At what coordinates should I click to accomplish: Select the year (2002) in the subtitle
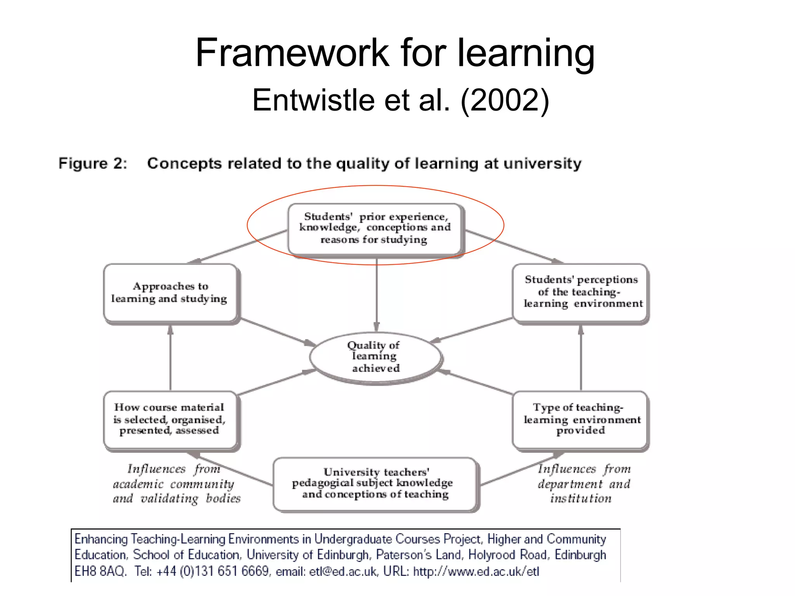pyautogui.click(x=505, y=100)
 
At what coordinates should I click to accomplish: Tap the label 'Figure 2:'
pyautogui.click(x=93, y=163)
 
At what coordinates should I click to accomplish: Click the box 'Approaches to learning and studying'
pyautogui.click(x=170, y=293)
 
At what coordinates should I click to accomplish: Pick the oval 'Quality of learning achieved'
pyautogui.click(x=375, y=357)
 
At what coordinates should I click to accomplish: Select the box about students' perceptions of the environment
pyautogui.click(x=581, y=292)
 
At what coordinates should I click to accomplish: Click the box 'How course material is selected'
pyautogui.click(x=170, y=419)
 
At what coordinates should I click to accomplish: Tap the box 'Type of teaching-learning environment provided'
pyautogui.click(x=580, y=419)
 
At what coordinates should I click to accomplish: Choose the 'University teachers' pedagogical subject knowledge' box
pyautogui.click(x=375, y=484)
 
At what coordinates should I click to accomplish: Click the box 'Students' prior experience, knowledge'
pyautogui.click(x=375, y=229)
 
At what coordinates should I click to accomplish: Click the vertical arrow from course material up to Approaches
pyautogui.click(x=170, y=357)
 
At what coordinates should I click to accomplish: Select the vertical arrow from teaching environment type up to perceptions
pyautogui.click(x=581, y=357)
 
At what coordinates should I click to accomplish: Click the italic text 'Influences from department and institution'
pyautogui.click(x=583, y=484)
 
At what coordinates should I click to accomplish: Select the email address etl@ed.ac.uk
pyautogui.click(x=343, y=572)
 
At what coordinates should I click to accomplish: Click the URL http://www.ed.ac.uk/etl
pyautogui.click(x=476, y=572)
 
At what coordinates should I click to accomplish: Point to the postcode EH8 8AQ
pyautogui.click(x=100, y=572)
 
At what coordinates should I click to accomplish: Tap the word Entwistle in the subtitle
pyautogui.click(x=314, y=100)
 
